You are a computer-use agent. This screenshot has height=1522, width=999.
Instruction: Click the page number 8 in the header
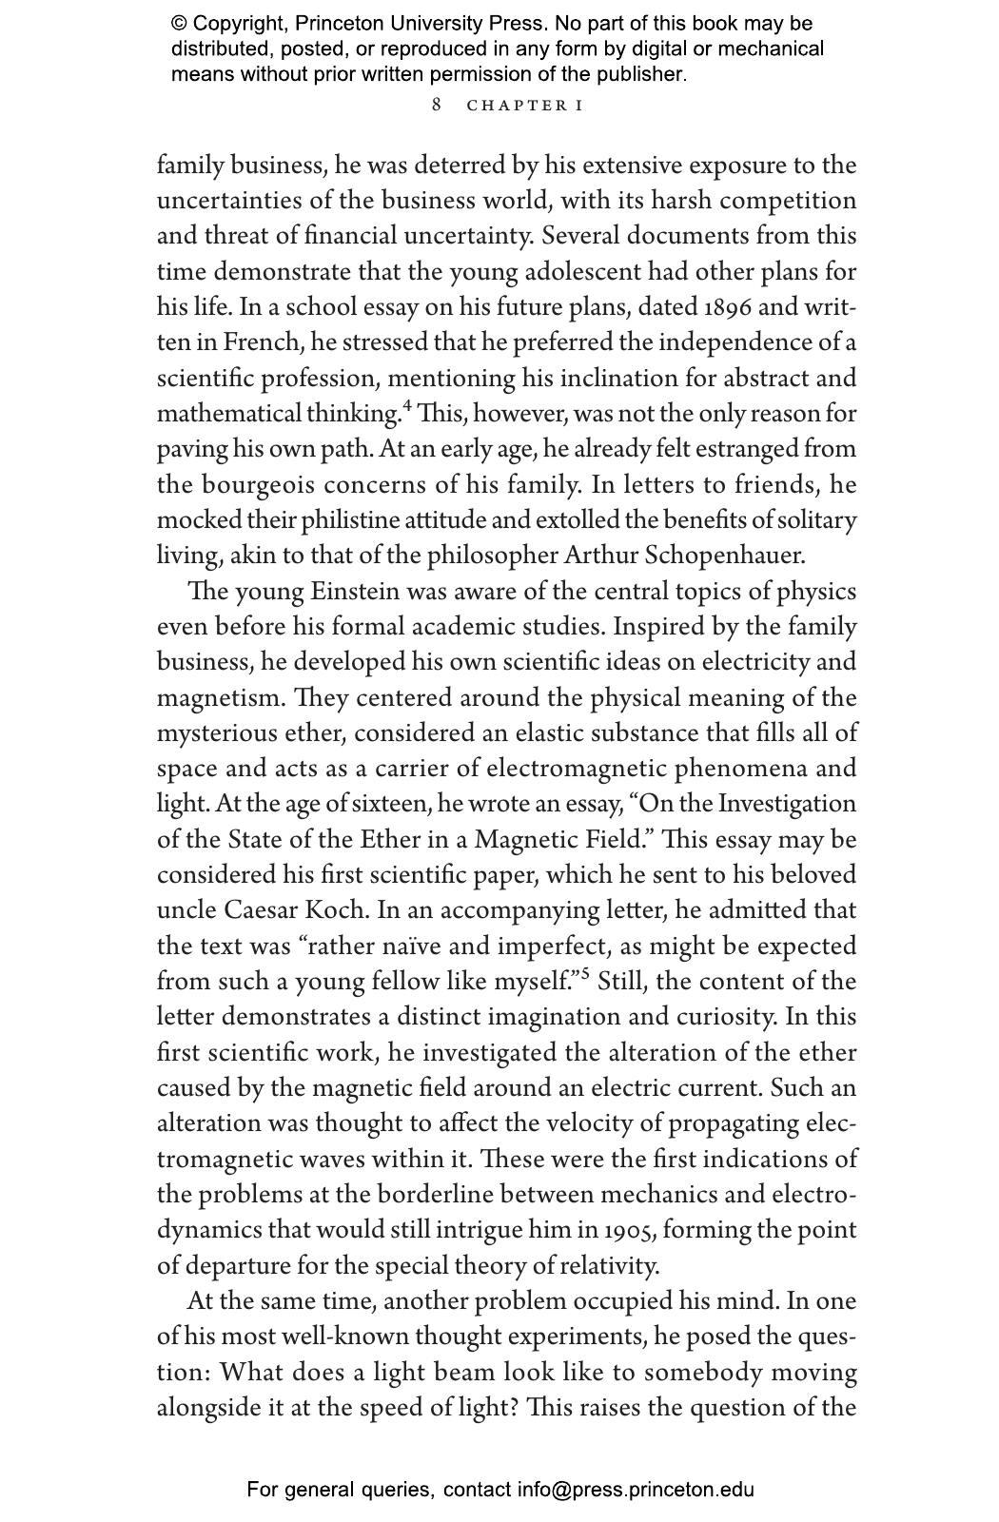[437, 105]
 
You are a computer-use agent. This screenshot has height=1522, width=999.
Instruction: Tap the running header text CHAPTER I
[524, 105]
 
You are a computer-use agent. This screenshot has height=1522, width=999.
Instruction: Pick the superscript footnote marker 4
[407, 407]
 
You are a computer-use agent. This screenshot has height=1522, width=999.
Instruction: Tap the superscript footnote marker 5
[585, 974]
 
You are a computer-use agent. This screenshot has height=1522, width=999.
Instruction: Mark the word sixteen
[392, 805]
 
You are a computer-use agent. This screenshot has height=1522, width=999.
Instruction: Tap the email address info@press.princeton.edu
[635, 1490]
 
